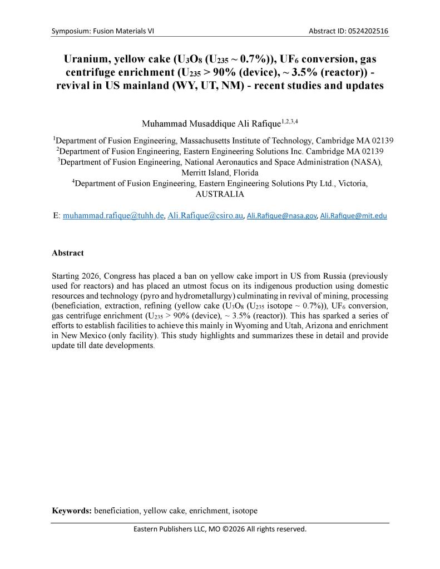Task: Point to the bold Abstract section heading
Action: pyautogui.click(x=68, y=253)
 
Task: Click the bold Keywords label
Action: pyautogui.click(x=72, y=509)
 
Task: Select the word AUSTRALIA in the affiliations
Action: pyautogui.click(x=220, y=195)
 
